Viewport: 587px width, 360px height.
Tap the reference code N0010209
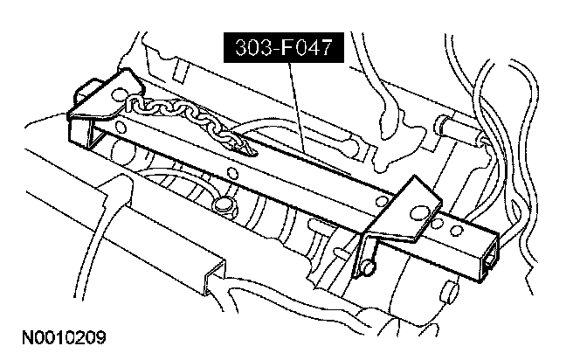point(61,335)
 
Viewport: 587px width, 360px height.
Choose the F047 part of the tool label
point(307,48)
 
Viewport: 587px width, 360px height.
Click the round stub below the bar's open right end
point(450,290)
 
